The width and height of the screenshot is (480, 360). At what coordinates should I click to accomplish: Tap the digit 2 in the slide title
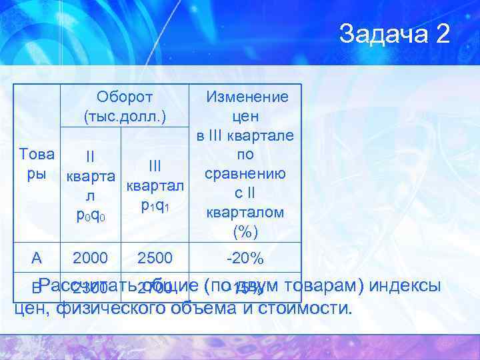click(441, 33)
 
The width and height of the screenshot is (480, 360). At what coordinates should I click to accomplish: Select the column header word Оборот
click(125, 97)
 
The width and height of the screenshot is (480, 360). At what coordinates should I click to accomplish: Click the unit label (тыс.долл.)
click(125, 117)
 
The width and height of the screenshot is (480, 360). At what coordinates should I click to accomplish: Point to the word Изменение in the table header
click(247, 97)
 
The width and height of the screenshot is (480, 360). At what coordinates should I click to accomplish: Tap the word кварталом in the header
click(245, 213)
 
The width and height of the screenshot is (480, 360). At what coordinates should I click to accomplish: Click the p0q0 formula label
click(89, 215)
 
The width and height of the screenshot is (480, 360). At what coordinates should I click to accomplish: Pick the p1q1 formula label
click(155, 205)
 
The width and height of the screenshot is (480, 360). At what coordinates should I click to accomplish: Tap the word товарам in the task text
click(317, 285)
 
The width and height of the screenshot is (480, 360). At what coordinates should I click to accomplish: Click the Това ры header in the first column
click(37, 164)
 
